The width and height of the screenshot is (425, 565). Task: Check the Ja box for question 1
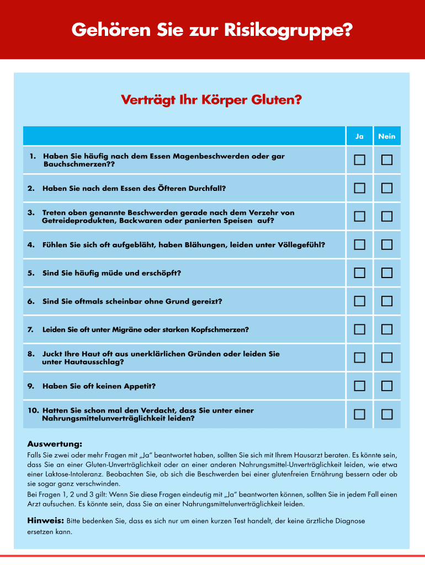pos(359,160)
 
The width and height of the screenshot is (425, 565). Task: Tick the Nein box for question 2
pos(387,188)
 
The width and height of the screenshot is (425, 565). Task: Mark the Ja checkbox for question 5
pos(359,273)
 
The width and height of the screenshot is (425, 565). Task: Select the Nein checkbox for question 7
pos(387,329)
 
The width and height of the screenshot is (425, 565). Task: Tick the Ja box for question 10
pos(359,414)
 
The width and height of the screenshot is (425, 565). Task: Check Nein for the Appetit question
pos(387,386)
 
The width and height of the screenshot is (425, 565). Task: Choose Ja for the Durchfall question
pos(359,188)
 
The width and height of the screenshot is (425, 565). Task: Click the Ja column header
pos(359,136)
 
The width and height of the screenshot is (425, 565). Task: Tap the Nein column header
pos(387,136)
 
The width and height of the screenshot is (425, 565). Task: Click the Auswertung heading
pos(55,444)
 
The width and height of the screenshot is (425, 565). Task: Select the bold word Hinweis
pos(46,521)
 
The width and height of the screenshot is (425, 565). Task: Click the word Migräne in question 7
pos(125,330)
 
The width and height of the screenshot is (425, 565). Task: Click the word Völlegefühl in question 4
pos(302,245)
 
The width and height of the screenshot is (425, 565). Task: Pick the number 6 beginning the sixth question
pos(30,302)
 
